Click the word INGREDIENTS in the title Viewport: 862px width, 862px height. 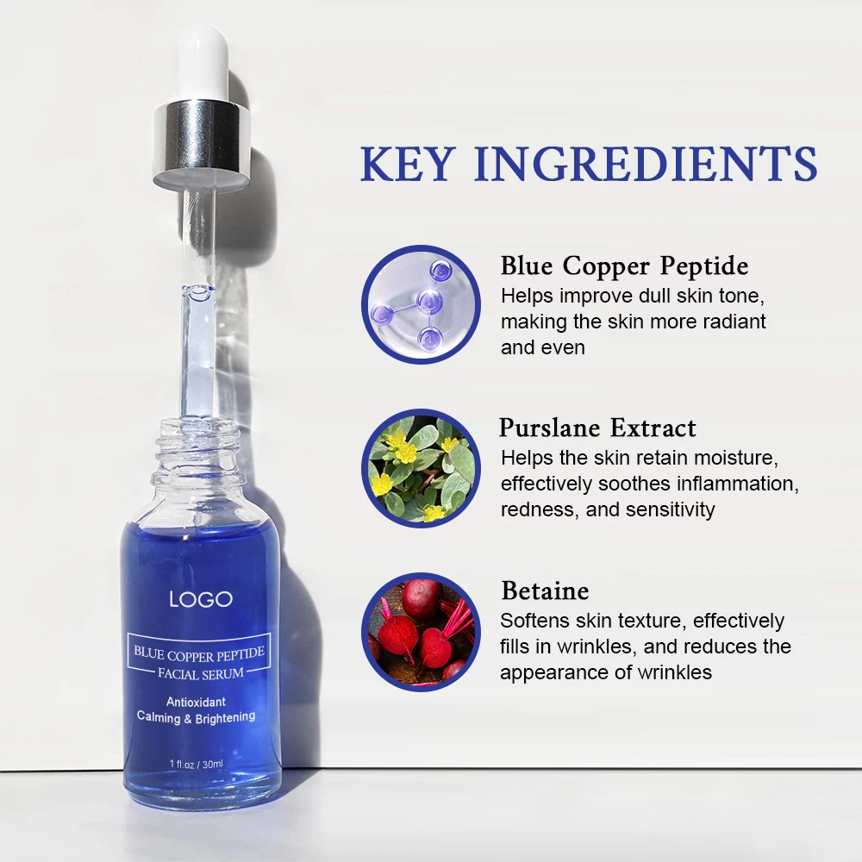point(645,163)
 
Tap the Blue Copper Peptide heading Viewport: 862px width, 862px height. point(624,265)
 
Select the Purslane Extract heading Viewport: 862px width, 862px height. point(597,428)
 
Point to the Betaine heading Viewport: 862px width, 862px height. point(545,591)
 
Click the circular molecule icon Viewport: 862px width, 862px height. point(419,303)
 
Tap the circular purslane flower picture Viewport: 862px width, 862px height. point(419,468)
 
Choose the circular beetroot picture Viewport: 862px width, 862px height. point(419,632)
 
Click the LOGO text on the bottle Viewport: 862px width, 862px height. point(200,599)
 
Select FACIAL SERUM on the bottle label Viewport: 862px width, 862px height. point(199,672)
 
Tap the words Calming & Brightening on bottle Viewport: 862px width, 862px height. point(196,717)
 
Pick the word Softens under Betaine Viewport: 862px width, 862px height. point(535,621)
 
